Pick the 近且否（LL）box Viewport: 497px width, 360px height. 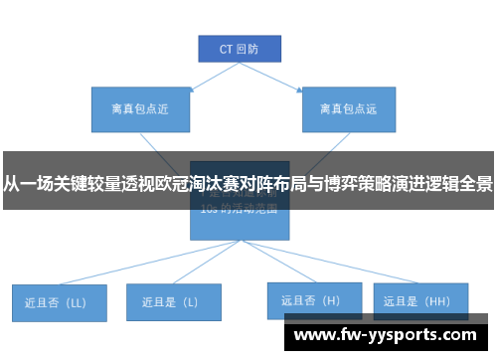60,302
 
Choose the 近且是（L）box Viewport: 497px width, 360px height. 173,301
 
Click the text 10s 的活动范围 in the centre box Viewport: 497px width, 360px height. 239,210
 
